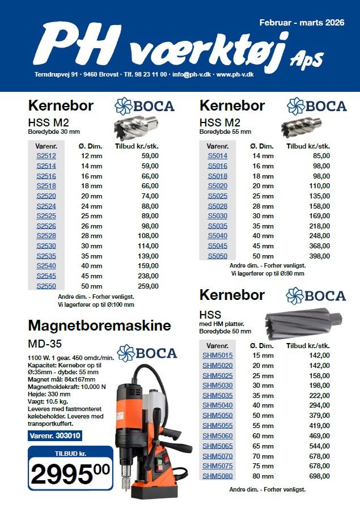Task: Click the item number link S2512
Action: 46,156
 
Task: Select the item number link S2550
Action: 46,286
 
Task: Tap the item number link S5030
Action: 218,216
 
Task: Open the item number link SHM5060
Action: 218,435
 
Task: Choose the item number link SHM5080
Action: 218,476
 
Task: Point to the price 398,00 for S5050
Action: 318,256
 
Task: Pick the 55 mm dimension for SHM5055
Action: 262,425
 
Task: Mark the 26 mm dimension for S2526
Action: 91,226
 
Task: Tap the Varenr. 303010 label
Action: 54,435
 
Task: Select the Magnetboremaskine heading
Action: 99,326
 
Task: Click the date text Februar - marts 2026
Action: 302,23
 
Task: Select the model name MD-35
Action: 45,344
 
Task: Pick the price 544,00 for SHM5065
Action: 318,446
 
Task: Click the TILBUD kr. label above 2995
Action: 70,454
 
